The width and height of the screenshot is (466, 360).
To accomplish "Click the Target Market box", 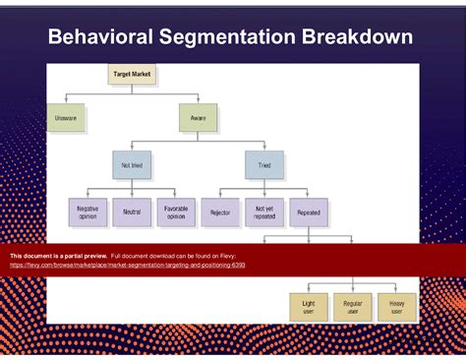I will (x=133, y=74).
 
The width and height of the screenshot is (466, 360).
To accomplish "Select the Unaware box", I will (x=66, y=118).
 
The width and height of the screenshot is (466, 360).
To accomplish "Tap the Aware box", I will (x=198, y=118).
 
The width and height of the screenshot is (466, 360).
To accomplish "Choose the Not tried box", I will (x=132, y=165).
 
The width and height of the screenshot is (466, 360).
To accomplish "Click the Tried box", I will (x=264, y=165).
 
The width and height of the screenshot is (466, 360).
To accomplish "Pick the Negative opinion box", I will (x=87, y=212).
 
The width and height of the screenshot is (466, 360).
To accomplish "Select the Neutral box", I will (x=132, y=212).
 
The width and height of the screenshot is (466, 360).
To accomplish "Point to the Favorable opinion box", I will (x=176, y=212).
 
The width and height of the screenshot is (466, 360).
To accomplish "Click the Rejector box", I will (x=219, y=212).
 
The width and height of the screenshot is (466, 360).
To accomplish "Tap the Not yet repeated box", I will (x=264, y=212).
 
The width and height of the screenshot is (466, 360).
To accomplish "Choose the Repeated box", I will (x=309, y=212).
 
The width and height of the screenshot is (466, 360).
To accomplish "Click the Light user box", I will (x=309, y=307).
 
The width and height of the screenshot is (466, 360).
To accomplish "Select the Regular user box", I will (x=353, y=307).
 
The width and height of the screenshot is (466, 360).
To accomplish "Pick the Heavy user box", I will (x=397, y=307).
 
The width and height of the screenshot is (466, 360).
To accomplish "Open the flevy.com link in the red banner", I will (x=128, y=266).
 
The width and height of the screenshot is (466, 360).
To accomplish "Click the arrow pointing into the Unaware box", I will (x=66, y=100).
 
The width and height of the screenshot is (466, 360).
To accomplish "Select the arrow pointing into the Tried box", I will (x=264, y=148).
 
